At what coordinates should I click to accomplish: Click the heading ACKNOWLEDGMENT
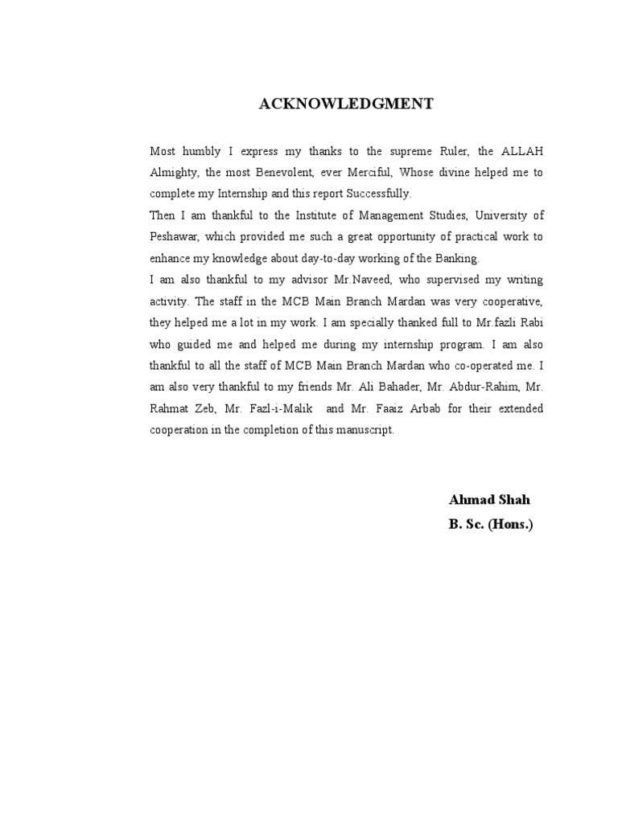click(345, 104)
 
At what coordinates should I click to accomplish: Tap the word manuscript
click(364, 430)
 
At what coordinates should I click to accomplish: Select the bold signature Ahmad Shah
click(489, 500)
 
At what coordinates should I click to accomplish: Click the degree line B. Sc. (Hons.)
click(491, 525)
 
